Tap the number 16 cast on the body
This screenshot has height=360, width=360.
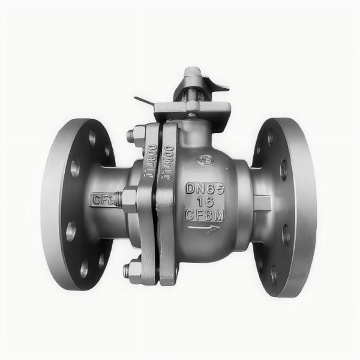tap(206, 203)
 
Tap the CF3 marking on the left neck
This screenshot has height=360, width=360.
tap(102, 199)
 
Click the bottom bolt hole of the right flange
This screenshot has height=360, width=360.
tap(273, 274)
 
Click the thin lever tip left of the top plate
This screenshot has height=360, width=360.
tap(140, 100)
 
